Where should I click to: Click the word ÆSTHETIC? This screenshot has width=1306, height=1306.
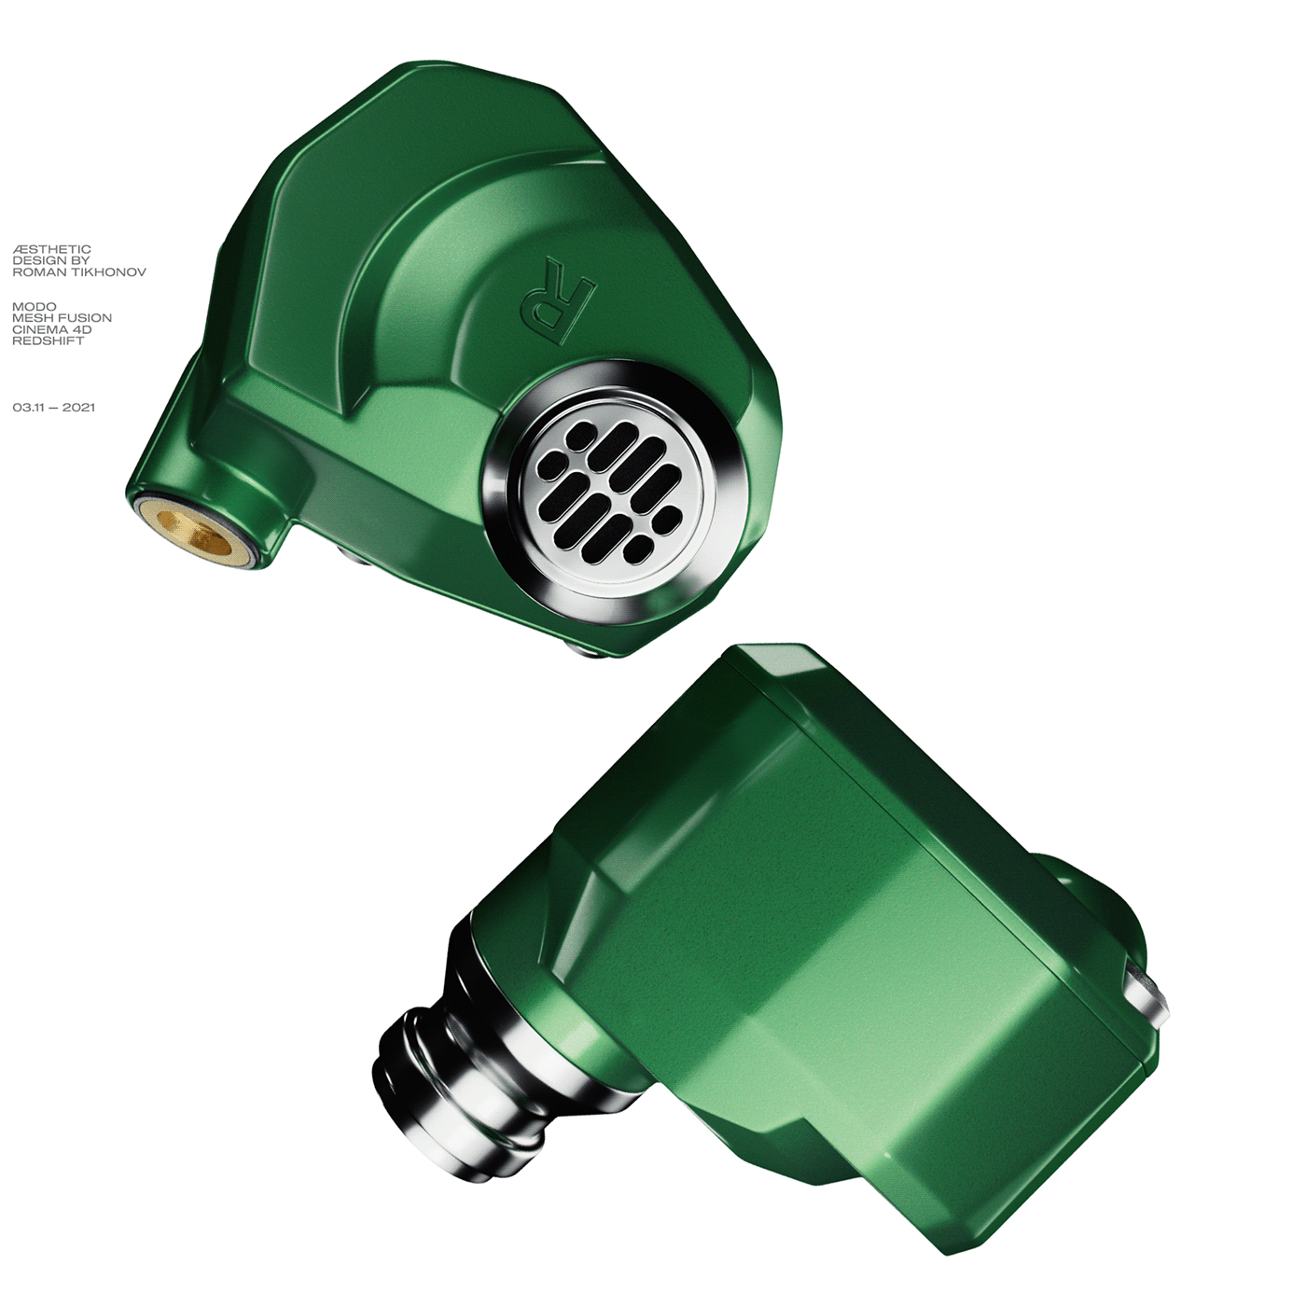pyautogui.click(x=52, y=249)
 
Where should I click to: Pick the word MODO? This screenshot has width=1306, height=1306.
pyautogui.click(x=35, y=306)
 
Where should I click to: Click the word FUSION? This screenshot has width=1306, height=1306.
pyautogui.click(x=86, y=317)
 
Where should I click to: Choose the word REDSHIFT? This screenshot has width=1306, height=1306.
pyautogui.click(x=49, y=340)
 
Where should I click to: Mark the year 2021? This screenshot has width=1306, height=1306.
pyautogui.click(x=79, y=408)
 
